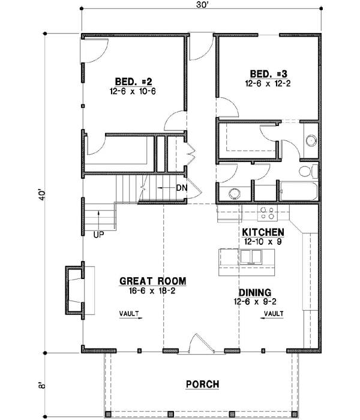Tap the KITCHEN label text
(263, 232)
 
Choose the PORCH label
(202, 384)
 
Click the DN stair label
(183, 188)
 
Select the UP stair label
(98, 235)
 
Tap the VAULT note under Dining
(272, 313)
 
